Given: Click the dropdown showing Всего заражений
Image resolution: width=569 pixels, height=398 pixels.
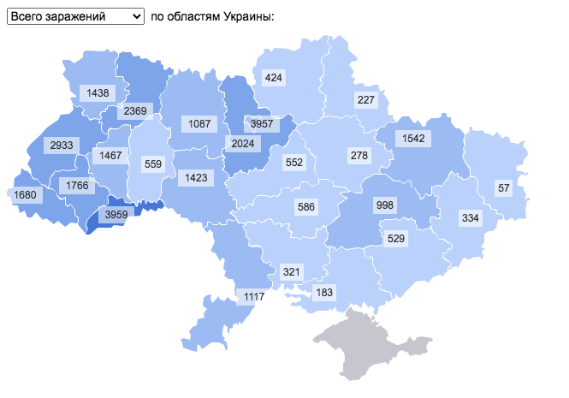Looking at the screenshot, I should (76, 16).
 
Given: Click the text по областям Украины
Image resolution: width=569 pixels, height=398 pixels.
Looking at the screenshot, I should (211, 16).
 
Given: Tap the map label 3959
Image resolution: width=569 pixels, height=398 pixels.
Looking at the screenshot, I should (112, 215).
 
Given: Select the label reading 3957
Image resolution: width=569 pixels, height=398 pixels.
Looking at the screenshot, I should (261, 124).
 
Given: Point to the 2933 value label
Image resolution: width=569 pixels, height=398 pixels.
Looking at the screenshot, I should (61, 146).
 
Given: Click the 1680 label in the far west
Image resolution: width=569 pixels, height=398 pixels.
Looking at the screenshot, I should (27, 195).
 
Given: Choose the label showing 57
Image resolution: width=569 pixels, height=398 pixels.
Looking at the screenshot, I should (503, 187).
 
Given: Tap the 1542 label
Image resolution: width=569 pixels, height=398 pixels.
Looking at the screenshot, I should (413, 138).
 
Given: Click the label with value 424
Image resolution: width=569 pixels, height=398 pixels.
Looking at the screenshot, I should (274, 78).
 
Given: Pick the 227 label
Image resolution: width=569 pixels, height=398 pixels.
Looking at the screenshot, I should (366, 100).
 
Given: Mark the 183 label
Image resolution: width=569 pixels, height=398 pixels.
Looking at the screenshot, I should (324, 293).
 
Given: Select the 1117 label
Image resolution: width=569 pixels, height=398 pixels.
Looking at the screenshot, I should (254, 297).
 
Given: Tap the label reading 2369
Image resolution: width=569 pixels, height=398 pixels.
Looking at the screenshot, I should (134, 110).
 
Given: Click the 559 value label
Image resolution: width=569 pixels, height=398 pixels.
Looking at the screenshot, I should (153, 164).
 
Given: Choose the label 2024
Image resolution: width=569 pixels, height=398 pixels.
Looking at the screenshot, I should (243, 143).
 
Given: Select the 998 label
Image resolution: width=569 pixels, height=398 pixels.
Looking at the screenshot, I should (385, 205).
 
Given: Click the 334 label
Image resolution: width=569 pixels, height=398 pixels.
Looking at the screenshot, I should (471, 218).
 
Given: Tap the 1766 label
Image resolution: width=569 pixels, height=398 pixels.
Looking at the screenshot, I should (78, 186).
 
